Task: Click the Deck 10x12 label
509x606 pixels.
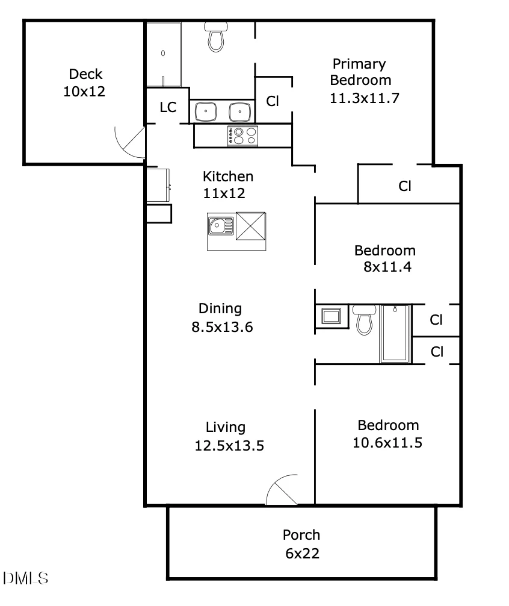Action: (84, 83)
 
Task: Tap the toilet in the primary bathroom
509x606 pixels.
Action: (216, 37)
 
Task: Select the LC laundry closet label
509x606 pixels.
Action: (168, 107)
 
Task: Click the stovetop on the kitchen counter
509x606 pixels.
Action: (242, 136)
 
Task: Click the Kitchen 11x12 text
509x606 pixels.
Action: (227, 185)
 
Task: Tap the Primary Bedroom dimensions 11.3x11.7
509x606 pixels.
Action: (364, 98)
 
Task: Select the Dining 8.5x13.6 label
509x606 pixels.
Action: (222, 317)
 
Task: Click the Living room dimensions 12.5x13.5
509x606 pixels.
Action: (229, 446)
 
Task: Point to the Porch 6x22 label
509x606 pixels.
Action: (302, 544)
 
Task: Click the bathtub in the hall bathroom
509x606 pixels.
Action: (395, 334)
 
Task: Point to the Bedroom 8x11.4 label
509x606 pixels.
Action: (385, 258)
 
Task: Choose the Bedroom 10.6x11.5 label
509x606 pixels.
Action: (387, 434)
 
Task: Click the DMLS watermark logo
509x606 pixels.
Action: (25, 578)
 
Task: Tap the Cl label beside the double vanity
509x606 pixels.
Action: (273, 101)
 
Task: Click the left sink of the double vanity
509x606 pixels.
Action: (206, 111)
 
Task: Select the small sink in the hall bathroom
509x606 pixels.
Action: (332, 316)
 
